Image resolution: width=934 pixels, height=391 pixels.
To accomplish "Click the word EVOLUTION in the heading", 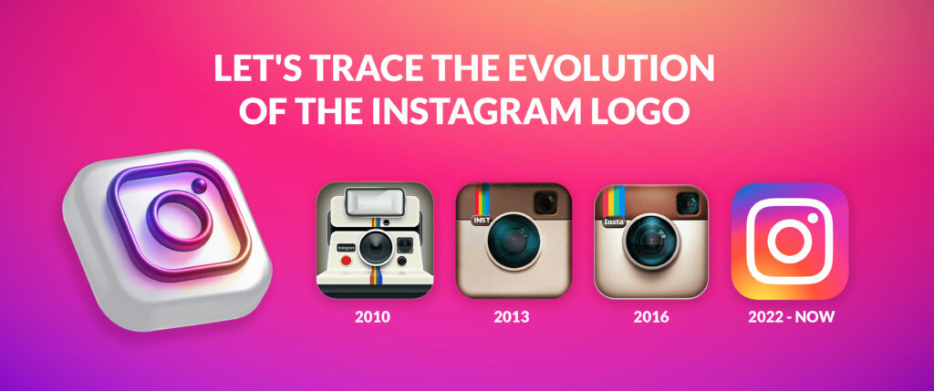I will [x=621, y=70].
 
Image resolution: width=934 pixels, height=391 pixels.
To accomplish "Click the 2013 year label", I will [x=512, y=318].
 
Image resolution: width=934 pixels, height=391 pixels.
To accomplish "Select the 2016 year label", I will [x=650, y=318].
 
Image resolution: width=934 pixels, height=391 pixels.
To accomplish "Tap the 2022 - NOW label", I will [x=789, y=318].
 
